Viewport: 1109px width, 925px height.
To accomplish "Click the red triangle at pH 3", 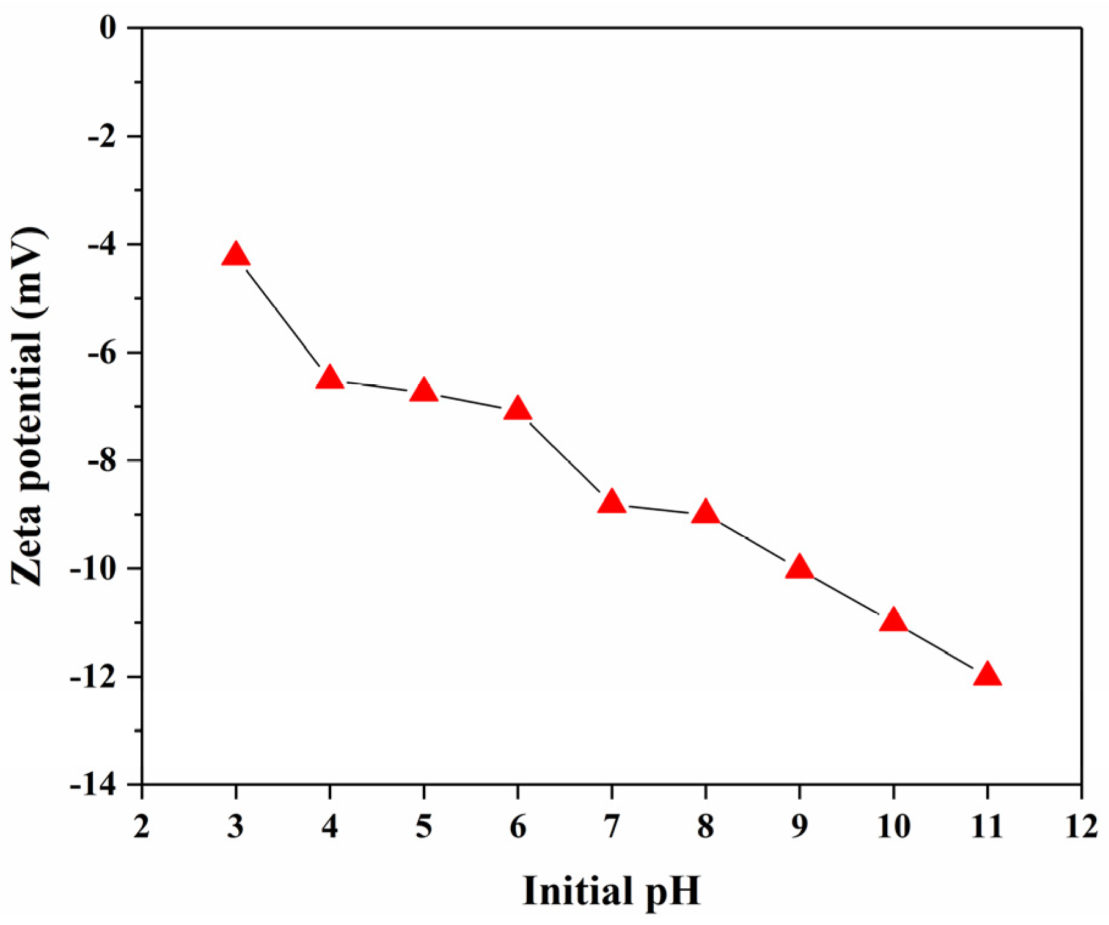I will pos(236,254).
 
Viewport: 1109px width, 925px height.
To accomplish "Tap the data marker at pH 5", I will pos(424,391).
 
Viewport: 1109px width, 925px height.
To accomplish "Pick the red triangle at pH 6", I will pos(518,409).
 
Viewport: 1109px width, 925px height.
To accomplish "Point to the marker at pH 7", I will pos(612,503).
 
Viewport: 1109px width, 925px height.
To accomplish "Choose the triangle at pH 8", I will pos(706,513).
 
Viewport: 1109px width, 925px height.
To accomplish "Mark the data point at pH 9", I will pos(799,568).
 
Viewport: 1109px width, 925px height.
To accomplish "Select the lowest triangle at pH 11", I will pos(987,675).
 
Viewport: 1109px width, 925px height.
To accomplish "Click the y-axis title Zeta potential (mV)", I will pos(28,406).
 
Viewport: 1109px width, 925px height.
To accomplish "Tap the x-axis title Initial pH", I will pos(612,891).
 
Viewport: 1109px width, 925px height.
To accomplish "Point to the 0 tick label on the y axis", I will pos(108,28).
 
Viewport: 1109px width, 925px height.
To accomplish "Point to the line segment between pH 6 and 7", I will pos(565,456).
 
